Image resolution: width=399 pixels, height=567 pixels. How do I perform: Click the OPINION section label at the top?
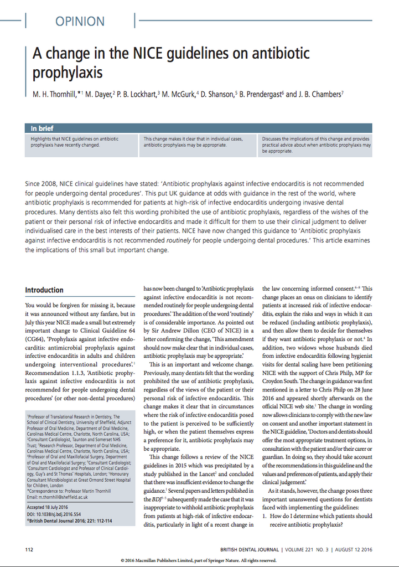click(80, 22)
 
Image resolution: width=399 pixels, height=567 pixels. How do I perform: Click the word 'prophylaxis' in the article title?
click(68, 72)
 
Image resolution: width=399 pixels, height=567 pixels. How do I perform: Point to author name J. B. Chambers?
click(320, 94)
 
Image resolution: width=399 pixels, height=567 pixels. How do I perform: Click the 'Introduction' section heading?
click(44, 290)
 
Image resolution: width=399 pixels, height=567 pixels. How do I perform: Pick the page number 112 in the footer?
click(30, 549)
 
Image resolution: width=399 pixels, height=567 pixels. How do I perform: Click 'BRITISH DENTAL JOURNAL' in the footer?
click(249, 549)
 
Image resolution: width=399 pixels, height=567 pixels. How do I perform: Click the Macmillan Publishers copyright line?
click(199, 560)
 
